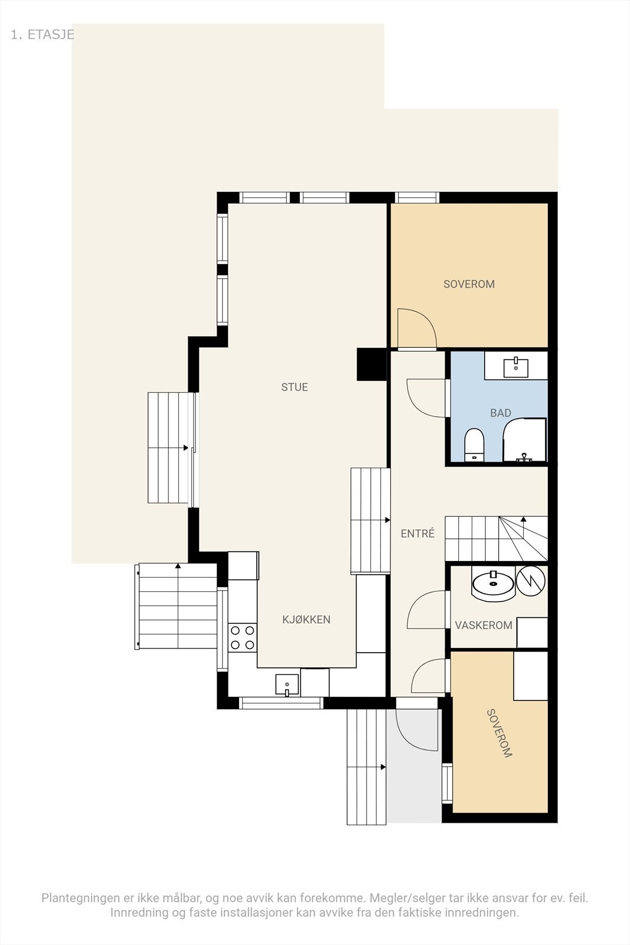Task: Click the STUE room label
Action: (x=295, y=387)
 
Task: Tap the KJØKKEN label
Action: (x=306, y=620)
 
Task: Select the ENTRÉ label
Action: (x=417, y=533)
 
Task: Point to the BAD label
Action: (x=501, y=413)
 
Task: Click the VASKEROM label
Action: (x=483, y=625)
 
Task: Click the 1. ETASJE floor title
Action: (x=42, y=35)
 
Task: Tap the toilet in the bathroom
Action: (x=474, y=445)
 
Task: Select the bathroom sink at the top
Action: (x=515, y=367)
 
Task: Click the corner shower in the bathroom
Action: (x=524, y=439)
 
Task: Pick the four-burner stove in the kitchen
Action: (x=243, y=637)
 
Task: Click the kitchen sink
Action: (x=287, y=685)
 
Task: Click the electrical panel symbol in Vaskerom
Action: (x=530, y=581)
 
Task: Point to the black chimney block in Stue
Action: (x=371, y=364)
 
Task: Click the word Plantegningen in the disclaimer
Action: (x=80, y=898)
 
